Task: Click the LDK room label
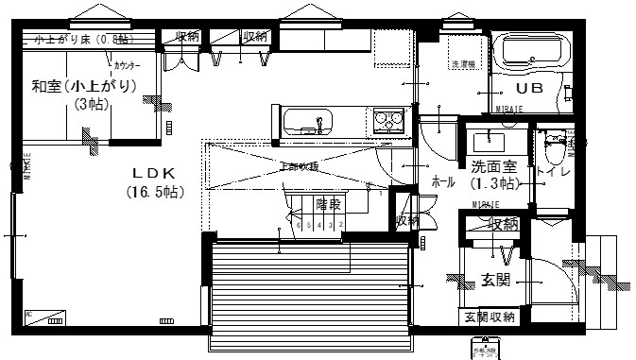149,174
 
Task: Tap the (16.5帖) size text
153,191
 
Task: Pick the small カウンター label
128,68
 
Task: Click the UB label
529,89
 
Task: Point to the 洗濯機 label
463,65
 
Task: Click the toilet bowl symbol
555,148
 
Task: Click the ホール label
443,179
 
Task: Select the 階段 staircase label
327,204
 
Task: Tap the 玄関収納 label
490,317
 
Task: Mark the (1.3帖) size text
493,182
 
